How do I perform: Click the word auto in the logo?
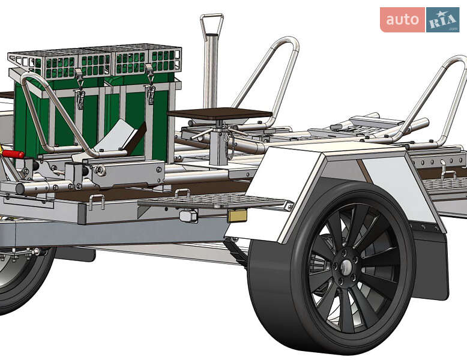tap(402, 20)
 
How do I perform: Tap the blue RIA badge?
tap(442, 20)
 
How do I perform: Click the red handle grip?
tap(13, 154)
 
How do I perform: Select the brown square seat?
tap(220, 113)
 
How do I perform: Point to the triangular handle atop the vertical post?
tap(212, 26)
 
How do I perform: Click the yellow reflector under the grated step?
tap(237, 215)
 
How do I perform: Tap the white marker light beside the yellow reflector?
tap(188, 215)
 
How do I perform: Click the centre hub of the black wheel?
tap(346, 267)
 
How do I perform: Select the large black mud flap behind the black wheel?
tap(430, 263)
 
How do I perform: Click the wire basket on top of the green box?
tap(95, 62)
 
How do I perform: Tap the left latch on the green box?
tap(79, 89)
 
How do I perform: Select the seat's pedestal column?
tap(219, 142)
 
